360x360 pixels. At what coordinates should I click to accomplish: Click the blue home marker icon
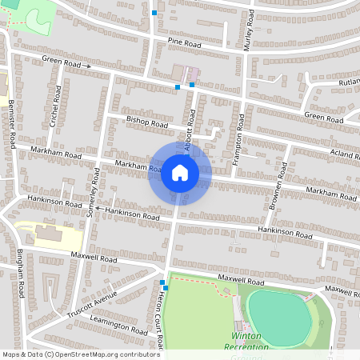coord(180,173)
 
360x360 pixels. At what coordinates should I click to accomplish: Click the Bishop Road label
coord(147,125)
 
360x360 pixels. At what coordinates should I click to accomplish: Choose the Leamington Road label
coord(120,326)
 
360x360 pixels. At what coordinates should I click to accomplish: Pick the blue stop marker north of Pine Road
coord(154,13)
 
